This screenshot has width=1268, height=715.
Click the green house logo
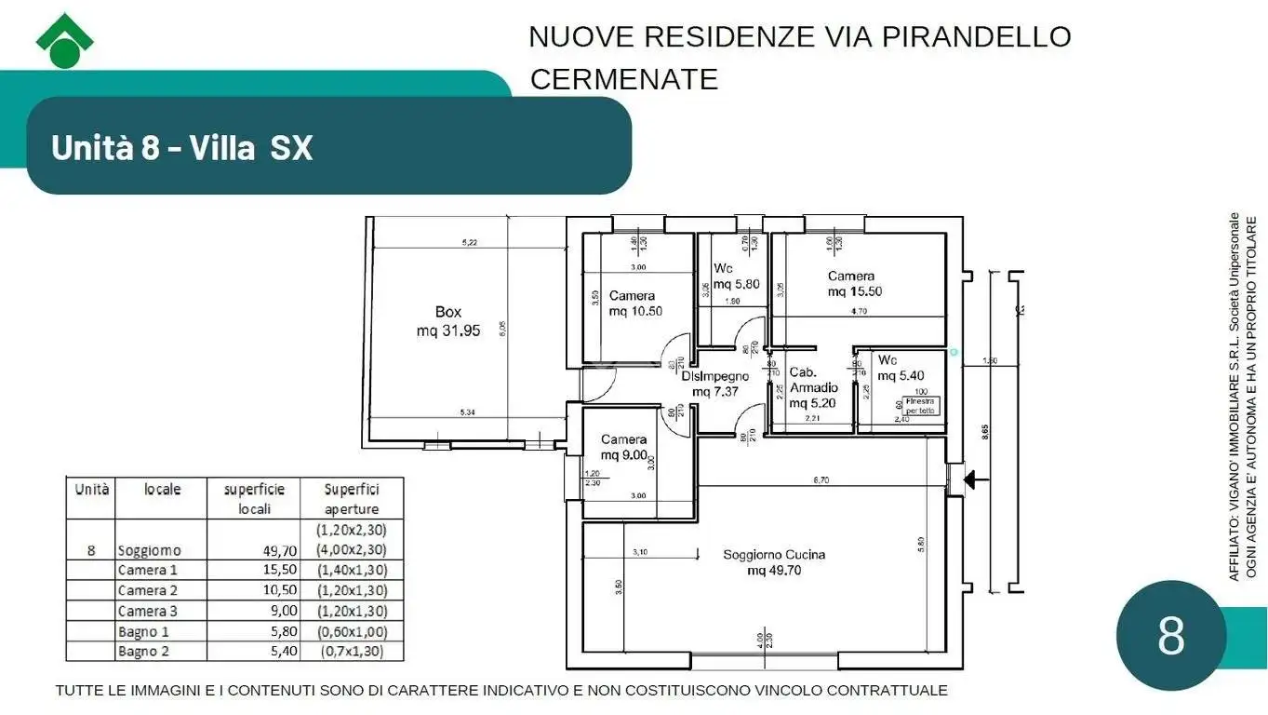64,41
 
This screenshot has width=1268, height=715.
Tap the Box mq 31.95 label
447,321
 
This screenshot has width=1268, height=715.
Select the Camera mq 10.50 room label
634,304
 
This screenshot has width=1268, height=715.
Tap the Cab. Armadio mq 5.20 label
813,387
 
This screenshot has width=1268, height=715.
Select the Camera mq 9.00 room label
623,447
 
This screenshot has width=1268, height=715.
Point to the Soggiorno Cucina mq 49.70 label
774,562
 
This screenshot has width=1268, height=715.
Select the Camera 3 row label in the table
147,611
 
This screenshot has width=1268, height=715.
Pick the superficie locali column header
254,498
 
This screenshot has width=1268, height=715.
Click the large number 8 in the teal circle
1170,636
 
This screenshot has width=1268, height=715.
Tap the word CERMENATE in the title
623,79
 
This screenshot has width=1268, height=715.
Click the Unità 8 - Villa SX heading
182,147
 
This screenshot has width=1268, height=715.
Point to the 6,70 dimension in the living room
821,480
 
